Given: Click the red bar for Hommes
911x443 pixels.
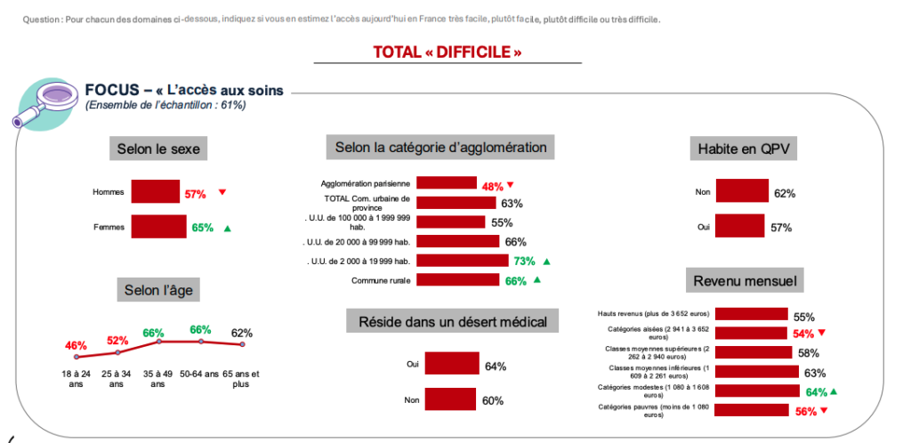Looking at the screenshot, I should point(156,192).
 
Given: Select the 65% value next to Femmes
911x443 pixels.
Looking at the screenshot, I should point(203,228).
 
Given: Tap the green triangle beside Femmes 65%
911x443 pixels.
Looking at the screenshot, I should point(228,229).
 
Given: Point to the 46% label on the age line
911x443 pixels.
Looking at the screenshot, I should point(76,345).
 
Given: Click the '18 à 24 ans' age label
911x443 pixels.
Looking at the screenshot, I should point(75,379).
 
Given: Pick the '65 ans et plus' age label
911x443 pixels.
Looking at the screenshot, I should point(241,379).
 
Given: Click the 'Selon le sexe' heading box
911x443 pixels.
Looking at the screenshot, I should point(159,149).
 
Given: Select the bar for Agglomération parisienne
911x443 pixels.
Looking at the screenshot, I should point(447,183).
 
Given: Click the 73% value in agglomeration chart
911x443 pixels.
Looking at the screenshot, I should point(524,261).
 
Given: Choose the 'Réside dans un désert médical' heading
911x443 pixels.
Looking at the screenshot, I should point(452,321).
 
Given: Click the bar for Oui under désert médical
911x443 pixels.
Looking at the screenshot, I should point(452,365).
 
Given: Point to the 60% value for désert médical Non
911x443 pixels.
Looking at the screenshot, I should point(493,400).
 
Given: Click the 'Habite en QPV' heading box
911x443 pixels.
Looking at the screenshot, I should point(742,149).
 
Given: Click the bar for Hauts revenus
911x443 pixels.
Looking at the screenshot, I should point(751,314).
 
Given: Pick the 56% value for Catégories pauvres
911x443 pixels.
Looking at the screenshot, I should point(804,411).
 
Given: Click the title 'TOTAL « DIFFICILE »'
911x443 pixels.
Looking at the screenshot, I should point(447,52).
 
